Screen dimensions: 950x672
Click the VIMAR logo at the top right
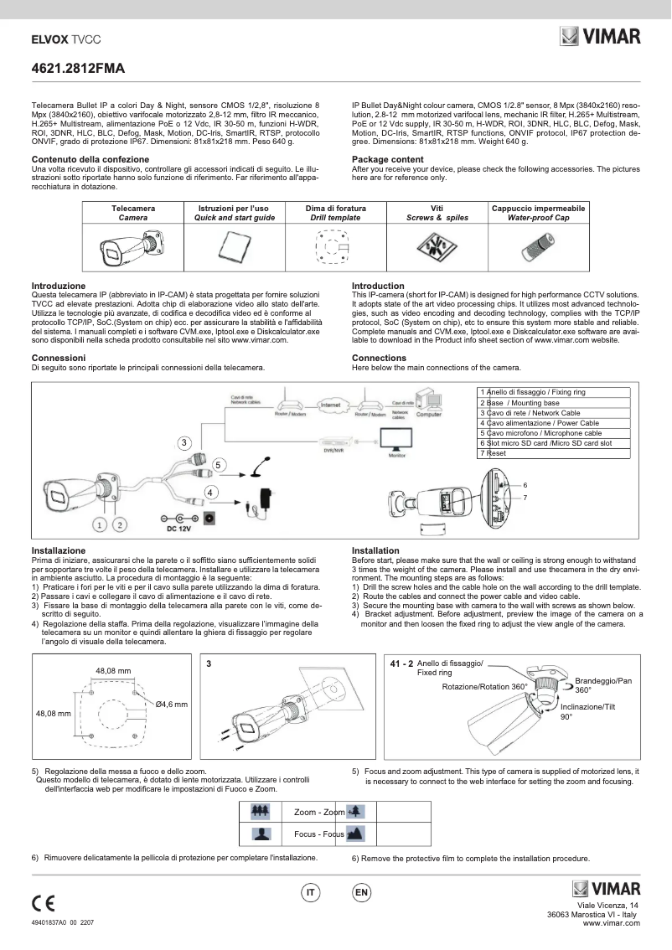600,36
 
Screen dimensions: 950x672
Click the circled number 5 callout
218,463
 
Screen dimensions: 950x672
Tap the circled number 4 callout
211,492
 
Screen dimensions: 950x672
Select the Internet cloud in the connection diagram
330,405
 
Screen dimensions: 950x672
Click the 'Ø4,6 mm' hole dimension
172,705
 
